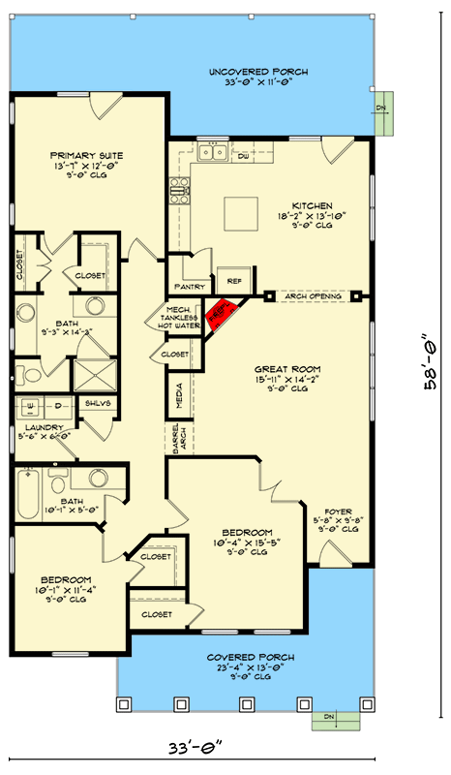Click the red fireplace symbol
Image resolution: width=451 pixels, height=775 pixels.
(221, 313)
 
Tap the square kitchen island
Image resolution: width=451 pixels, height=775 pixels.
(238, 210)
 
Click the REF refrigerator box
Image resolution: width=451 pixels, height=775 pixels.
(233, 280)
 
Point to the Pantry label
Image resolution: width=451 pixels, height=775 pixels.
(187, 288)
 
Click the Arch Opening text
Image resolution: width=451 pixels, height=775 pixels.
(315, 295)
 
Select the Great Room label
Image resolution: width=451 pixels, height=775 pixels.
(281, 369)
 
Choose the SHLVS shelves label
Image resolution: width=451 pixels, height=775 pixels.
(96, 405)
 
